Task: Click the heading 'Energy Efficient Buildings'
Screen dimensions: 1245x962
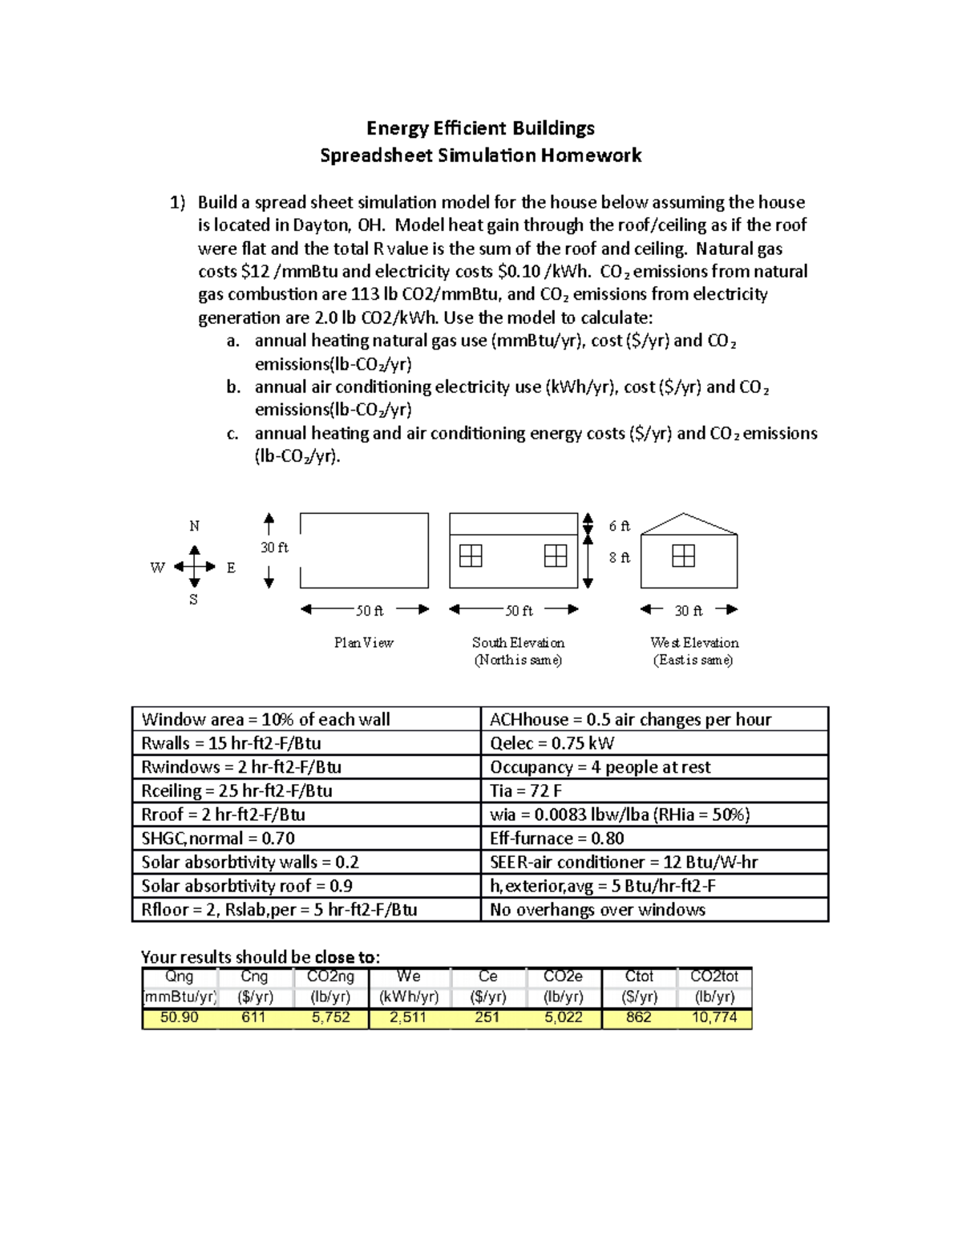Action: pyautogui.click(x=480, y=128)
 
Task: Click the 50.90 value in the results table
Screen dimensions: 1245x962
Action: pyautogui.click(x=179, y=1017)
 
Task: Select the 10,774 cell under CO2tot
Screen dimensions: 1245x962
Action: pyautogui.click(x=713, y=1017)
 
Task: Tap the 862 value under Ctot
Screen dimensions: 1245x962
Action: pyautogui.click(x=638, y=1017)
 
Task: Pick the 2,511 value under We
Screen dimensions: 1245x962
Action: pyautogui.click(x=407, y=1017)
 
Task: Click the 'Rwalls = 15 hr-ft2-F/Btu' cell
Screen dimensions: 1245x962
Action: pyautogui.click(x=231, y=743)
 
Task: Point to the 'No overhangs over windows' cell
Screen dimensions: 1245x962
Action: pyautogui.click(x=597, y=910)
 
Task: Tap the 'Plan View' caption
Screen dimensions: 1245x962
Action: pyautogui.click(x=363, y=643)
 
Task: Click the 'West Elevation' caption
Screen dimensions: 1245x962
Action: pyautogui.click(x=694, y=643)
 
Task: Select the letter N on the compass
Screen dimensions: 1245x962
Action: pyautogui.click(x=194, y=526)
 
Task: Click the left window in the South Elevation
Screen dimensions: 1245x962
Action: pyautogui.click(x=471, y=556)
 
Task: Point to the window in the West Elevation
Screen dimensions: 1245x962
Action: pyautogui.click(x=683, y=556)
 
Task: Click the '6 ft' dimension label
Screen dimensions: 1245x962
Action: pyautogui.click(x=619, y=526)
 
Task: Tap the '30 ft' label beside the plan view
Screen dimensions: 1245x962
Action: pyautogui.click(x=274, y=548)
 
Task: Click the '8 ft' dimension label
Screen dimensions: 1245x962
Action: pyautogui.click(x=619, y=557)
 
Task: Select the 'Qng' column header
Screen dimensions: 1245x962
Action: pyautogui.click(x=179, y=976)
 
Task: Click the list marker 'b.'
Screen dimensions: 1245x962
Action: pyautogui.click(x=233, y=387)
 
